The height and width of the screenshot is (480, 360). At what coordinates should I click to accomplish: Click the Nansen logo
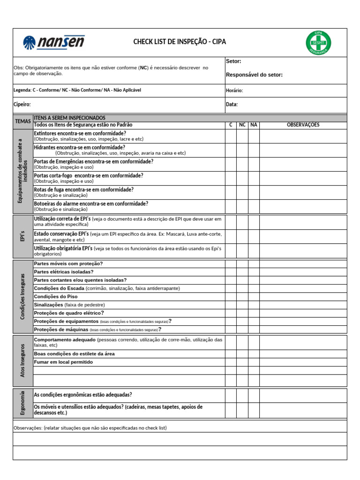pos(53,43)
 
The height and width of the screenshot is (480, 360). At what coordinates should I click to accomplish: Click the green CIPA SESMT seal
pos(318,43)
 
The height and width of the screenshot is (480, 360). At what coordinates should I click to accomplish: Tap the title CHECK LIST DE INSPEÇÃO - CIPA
pos(180,42)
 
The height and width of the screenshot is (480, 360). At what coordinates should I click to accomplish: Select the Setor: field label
pos(233,61)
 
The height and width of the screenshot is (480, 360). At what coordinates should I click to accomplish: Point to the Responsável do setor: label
pos(254,75)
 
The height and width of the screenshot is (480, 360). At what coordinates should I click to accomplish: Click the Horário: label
pos(234,90)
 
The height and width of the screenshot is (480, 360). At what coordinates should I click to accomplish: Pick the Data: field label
pos(232,105)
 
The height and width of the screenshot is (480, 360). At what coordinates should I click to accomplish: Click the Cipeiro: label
pos(22,105)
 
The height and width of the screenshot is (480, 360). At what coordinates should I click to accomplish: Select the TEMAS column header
pos(22,121)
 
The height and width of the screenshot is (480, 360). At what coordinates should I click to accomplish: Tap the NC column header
pos(242,125)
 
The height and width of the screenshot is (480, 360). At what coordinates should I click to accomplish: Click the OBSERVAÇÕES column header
pos(303,125)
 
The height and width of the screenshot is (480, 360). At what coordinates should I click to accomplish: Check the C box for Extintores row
pos(230,136)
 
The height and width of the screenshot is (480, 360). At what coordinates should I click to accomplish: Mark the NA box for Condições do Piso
pos(254,297)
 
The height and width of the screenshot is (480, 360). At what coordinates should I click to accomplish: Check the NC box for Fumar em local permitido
pos(242,362)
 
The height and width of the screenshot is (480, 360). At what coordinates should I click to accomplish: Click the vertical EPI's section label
pos(22,237)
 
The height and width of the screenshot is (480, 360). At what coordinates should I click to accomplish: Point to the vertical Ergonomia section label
pos(22,403)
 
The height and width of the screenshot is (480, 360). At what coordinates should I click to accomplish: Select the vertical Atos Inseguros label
pos(22,361)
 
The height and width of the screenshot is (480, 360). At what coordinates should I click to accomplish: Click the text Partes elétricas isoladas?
pos(64,272)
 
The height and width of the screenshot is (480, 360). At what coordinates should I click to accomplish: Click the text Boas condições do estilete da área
pos(75,354)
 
